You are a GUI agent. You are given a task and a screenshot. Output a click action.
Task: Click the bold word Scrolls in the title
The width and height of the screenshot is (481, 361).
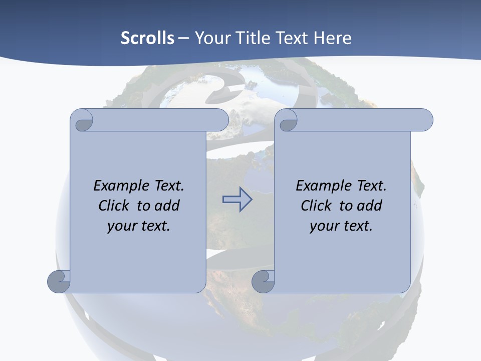pos(148,38)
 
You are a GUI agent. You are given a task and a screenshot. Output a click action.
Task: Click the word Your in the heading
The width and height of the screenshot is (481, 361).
pos(210,38)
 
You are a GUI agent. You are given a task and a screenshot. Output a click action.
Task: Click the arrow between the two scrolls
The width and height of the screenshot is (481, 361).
pos(237,200)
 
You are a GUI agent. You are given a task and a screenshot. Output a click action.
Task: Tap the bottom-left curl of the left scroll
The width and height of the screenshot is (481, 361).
pos(59,281)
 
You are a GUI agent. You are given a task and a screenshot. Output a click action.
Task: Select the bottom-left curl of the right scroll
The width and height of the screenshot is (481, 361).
pos(263,281)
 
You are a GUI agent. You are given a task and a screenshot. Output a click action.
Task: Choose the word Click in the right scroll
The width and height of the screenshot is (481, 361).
pos(316,206)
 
